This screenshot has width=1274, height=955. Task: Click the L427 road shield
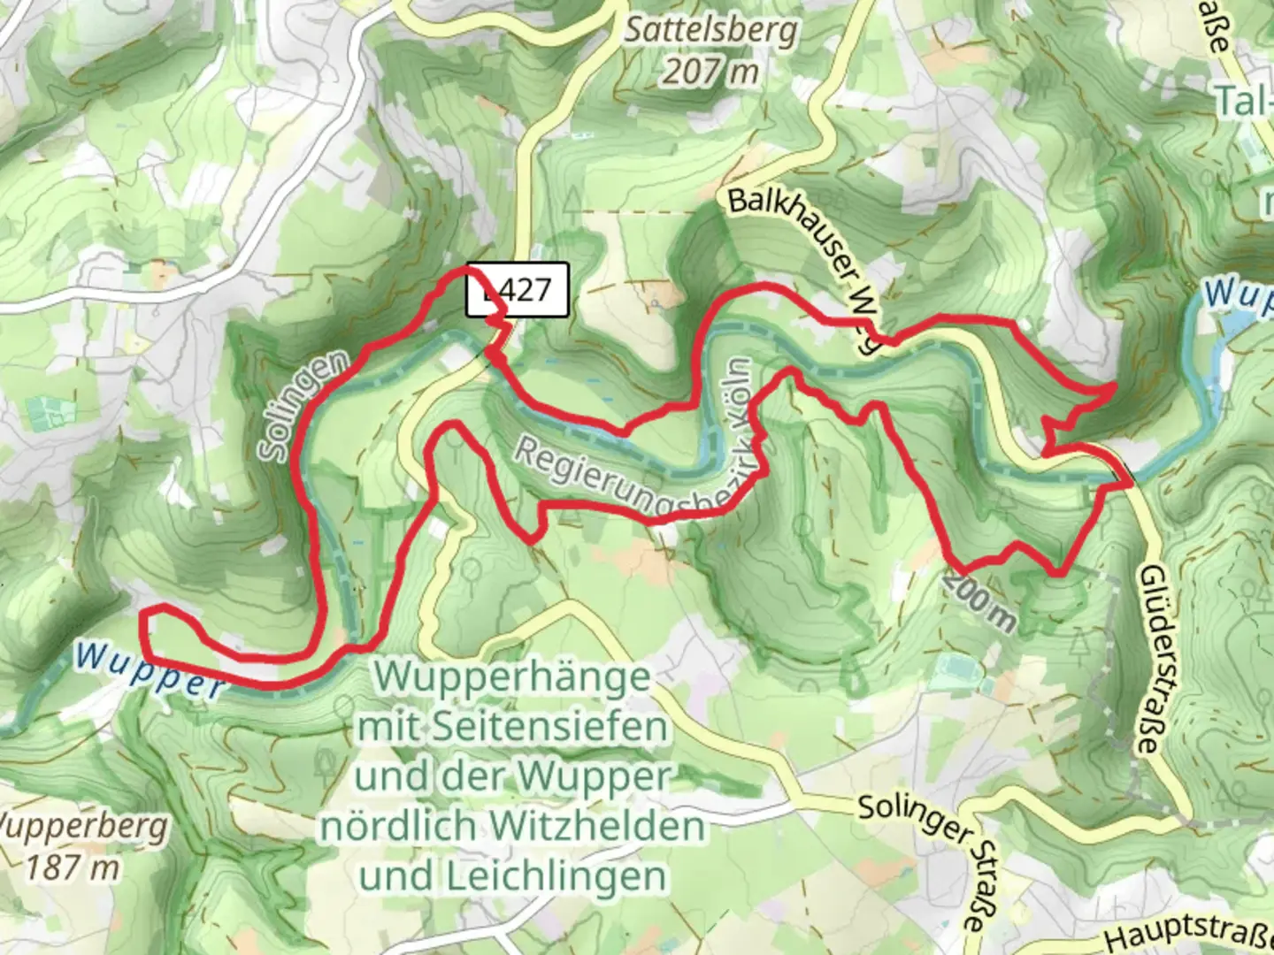pyautogui.click(x=518, y=290)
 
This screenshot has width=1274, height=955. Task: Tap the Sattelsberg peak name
pyautogui.click(x=711, y=31)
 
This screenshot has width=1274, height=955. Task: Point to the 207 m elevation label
pyautogui.click(x=710, y=72)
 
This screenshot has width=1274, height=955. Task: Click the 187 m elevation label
pyautogui.click(x=73, y=867)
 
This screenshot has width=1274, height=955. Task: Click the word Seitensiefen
pyautogui.click(x=550, y=728)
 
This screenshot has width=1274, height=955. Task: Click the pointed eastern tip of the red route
pyautogui.click(x=1113, y=386)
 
